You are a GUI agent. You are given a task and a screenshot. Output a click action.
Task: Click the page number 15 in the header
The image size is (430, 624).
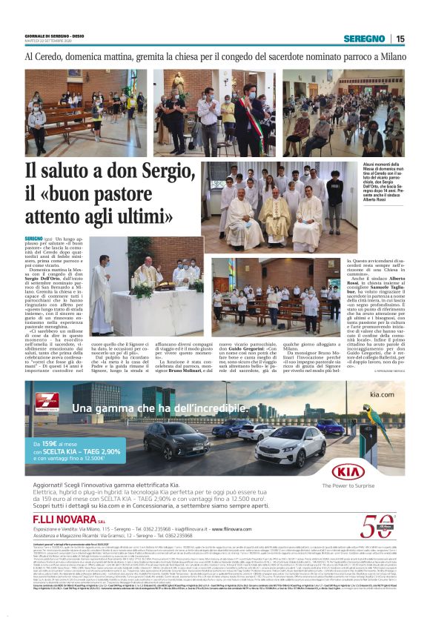(x=400, y=39)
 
